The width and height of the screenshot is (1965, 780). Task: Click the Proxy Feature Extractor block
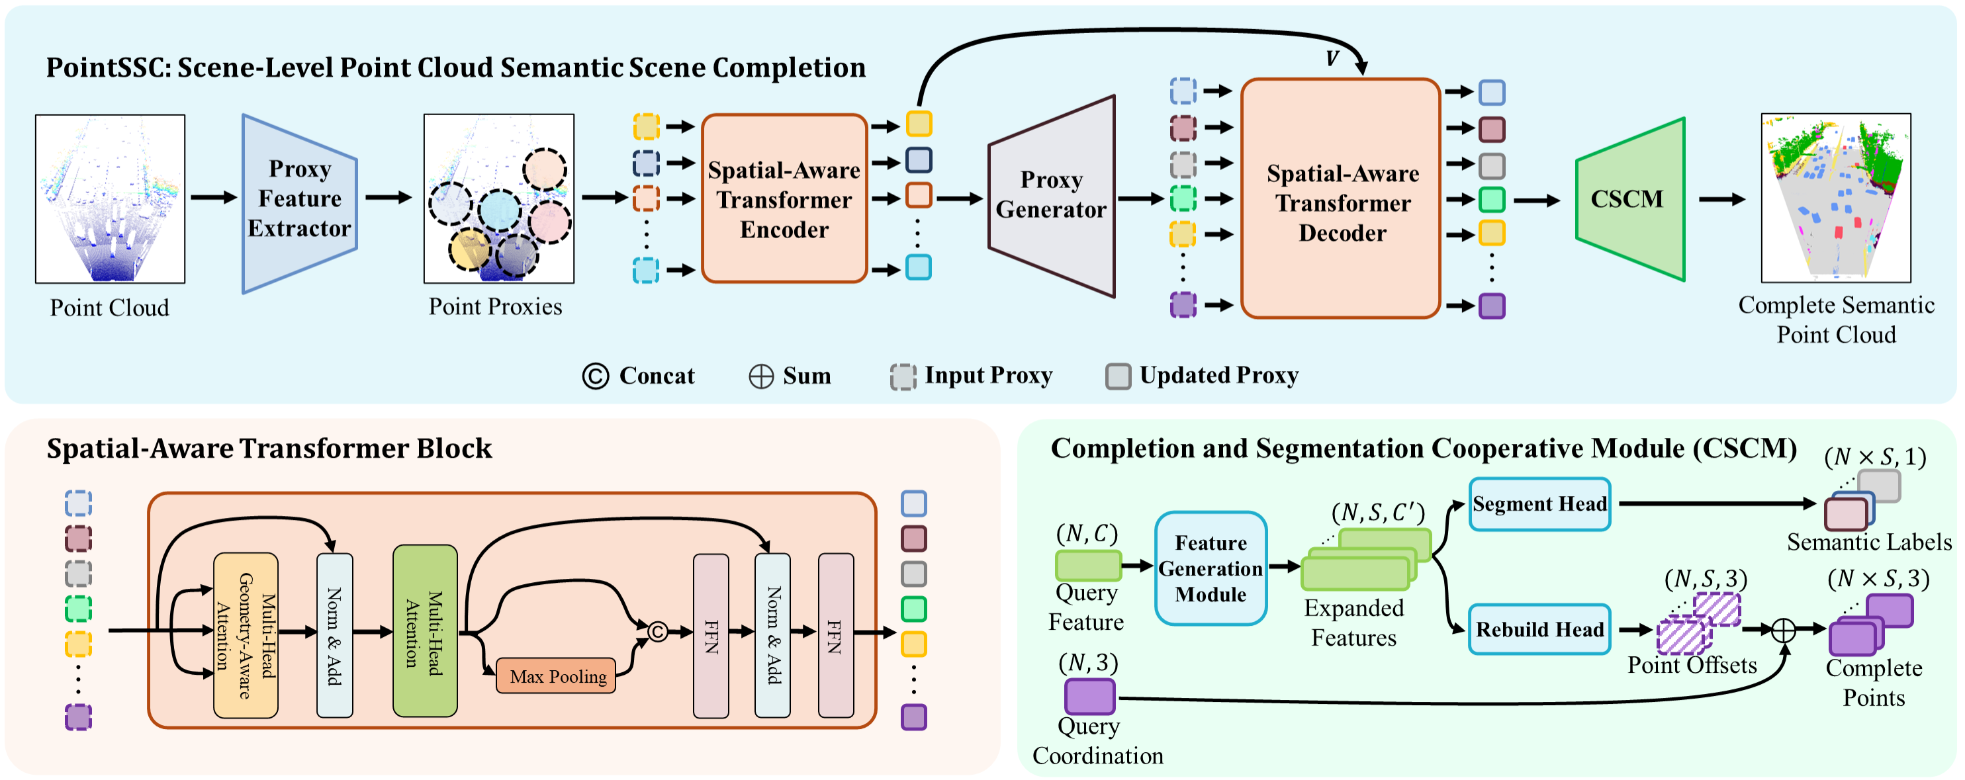click(x=299, y=200)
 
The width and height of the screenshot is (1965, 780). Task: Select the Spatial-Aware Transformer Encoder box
click(x=784, y=199)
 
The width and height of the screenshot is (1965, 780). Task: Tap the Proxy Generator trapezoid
click(x=1051, y=196)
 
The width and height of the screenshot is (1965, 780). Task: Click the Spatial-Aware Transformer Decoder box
click(x=1341, y=200)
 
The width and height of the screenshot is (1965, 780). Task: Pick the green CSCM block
click(x=1629, y=199)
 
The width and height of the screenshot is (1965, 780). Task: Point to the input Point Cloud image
click(x=110, y=199)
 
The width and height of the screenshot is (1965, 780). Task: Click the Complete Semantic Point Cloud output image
click(x=1835, y=198)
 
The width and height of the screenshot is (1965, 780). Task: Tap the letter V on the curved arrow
click(x=1332, y=59)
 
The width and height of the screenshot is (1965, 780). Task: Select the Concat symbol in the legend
click(x=595, y=376)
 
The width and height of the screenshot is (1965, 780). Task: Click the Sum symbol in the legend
click(x=760, y=376)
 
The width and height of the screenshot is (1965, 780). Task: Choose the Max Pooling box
click(x=556, y=675)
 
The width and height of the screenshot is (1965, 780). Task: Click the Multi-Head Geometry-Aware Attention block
click(x=246, y=635)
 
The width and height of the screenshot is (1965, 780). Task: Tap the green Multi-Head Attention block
click(x=425, y=631)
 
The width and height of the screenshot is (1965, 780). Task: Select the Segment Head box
click(x=1539, y=504)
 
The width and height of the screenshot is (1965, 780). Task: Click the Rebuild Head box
click(x=1539, y=629)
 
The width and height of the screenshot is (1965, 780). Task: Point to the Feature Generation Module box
click(x=1210, y=569)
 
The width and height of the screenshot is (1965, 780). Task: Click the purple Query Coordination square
click(x=1089, y=696)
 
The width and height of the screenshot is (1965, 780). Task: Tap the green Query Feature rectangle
click(x=1088, y=566)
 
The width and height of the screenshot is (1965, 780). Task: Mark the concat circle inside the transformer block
click(x=658, y=631)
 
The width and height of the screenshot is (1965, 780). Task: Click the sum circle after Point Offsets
click(x=1783, y=630)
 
